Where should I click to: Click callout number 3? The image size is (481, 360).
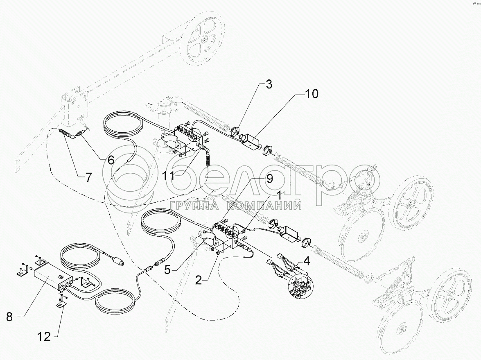point(269,84)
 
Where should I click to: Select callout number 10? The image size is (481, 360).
point(312,94)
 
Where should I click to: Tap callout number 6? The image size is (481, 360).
point(111,160)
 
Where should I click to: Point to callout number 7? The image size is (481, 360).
point(88,177)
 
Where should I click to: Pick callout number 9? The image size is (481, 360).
point(269,179)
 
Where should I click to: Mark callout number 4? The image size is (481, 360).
point(307,261)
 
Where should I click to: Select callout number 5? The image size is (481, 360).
point(167,270)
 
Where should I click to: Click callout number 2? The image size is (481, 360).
point(199,280)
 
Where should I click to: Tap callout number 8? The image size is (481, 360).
point(9,317)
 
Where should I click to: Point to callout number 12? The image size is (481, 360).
point(43,337)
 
